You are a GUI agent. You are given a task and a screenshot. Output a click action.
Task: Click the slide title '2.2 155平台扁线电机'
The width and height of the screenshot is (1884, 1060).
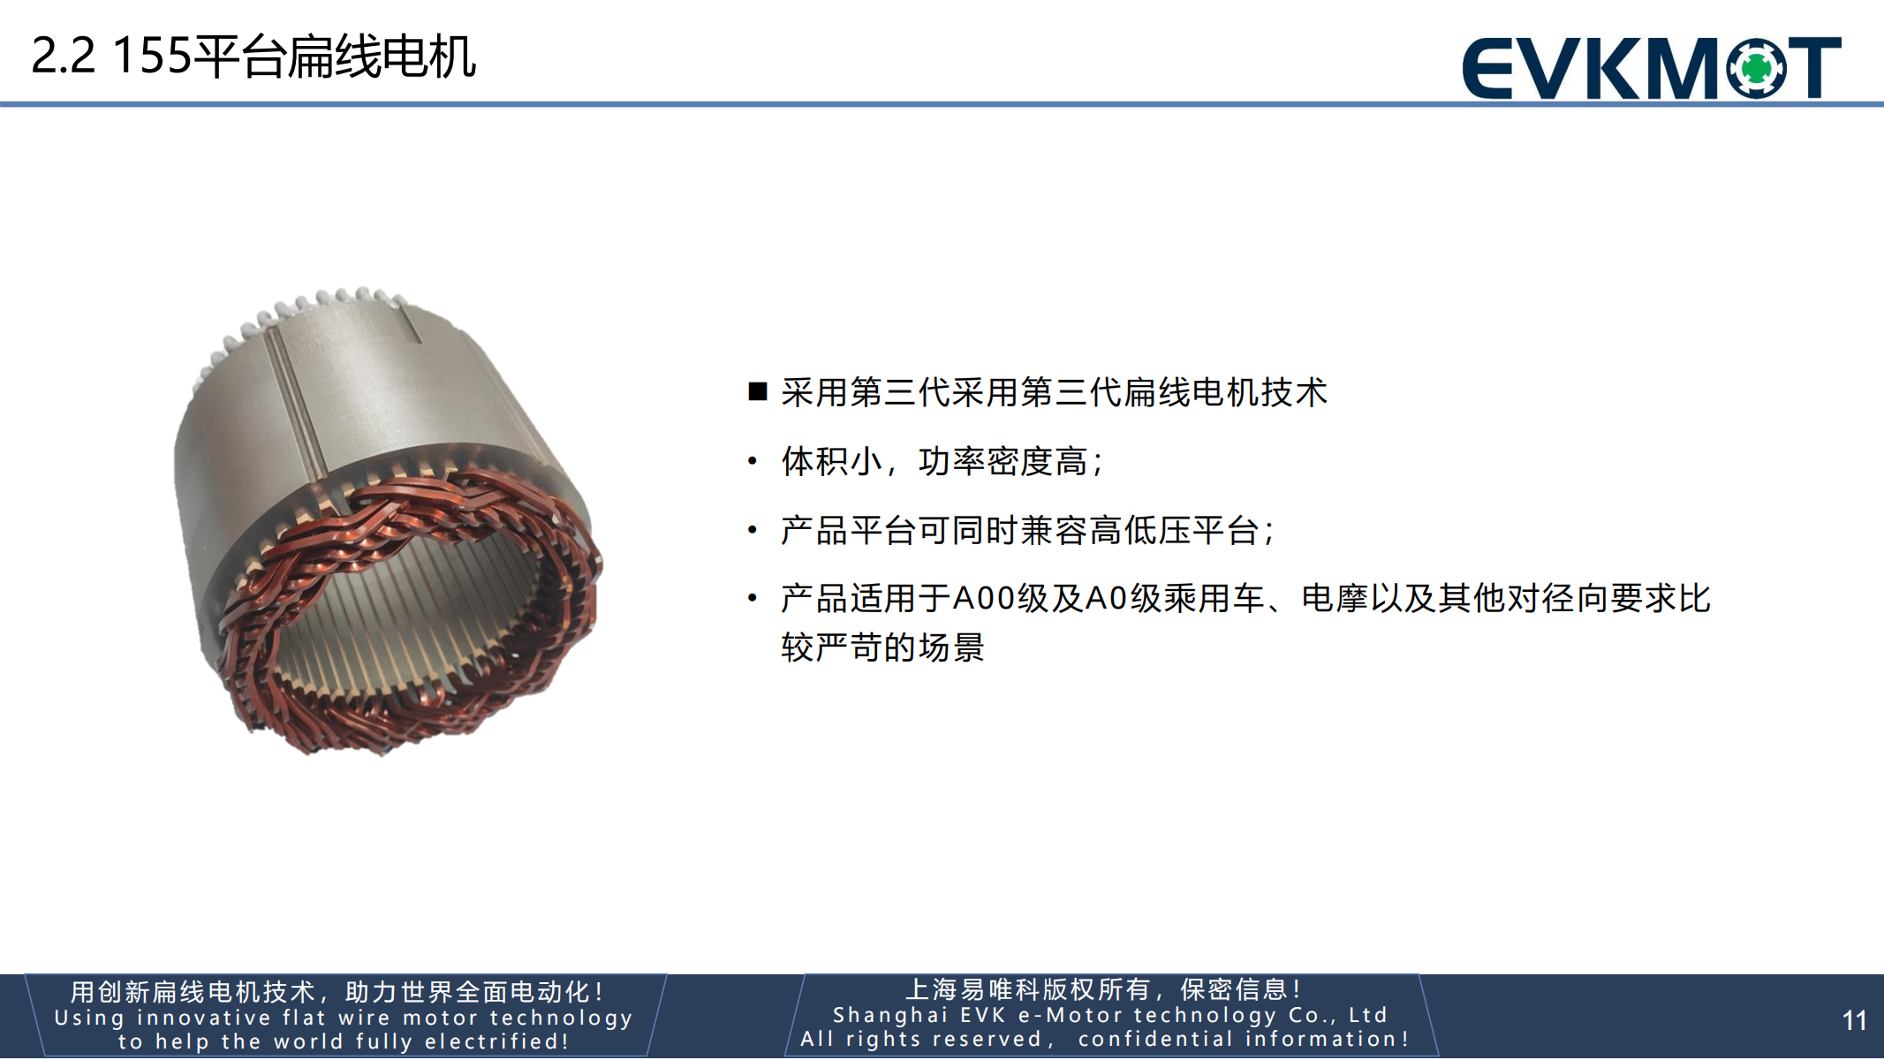[253, 57]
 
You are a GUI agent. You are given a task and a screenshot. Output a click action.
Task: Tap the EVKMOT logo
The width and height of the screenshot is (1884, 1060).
[1652, 67]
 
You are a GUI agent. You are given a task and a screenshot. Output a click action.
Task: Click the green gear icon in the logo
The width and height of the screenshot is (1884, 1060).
[1756, 67]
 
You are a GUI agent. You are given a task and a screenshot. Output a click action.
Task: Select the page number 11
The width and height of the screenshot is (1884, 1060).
[1854, 1021]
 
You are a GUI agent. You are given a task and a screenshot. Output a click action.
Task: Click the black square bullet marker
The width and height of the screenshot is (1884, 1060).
[758, 391]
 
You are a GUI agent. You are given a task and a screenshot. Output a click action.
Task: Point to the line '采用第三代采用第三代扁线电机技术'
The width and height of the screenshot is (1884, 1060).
[1055, 392]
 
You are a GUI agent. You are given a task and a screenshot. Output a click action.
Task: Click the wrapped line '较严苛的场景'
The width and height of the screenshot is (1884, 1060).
[882, 647]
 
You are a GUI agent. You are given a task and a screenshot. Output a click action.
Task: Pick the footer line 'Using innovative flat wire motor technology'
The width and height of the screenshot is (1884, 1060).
[344, 1018]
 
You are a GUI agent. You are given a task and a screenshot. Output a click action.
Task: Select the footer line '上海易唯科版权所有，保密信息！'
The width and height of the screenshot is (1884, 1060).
[1105, 989]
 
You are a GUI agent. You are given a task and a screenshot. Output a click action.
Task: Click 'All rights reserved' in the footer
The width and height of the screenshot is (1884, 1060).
[921, 1039]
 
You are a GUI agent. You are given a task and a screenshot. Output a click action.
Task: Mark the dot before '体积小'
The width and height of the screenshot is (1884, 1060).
[753, 461]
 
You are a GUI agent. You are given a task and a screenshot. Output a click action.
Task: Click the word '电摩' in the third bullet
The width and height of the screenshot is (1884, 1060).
[1335, 599]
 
